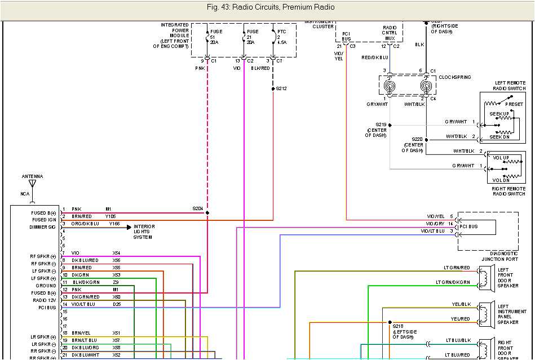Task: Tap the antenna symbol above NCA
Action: (x=32, y=184)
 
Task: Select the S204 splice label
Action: (x=197, y=208)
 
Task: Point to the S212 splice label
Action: (x=281, y=88)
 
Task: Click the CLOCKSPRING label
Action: (x=454, y=77)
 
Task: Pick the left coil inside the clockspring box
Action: (x=390, y=87)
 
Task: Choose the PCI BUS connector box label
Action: (x=469, y=226)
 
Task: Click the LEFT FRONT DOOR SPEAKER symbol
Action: (x=483, y=276)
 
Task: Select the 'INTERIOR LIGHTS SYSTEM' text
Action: (x=144, y=232)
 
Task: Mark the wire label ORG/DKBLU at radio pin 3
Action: (x=85, y=224)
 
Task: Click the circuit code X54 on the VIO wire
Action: (x=116, y=252)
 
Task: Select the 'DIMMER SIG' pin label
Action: (x=43, y=228)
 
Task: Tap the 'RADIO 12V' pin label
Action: (x=44, y=301)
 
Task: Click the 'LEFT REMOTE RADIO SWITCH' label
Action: (x=510, y=86)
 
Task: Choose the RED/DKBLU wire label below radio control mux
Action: (x=375, y=57)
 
